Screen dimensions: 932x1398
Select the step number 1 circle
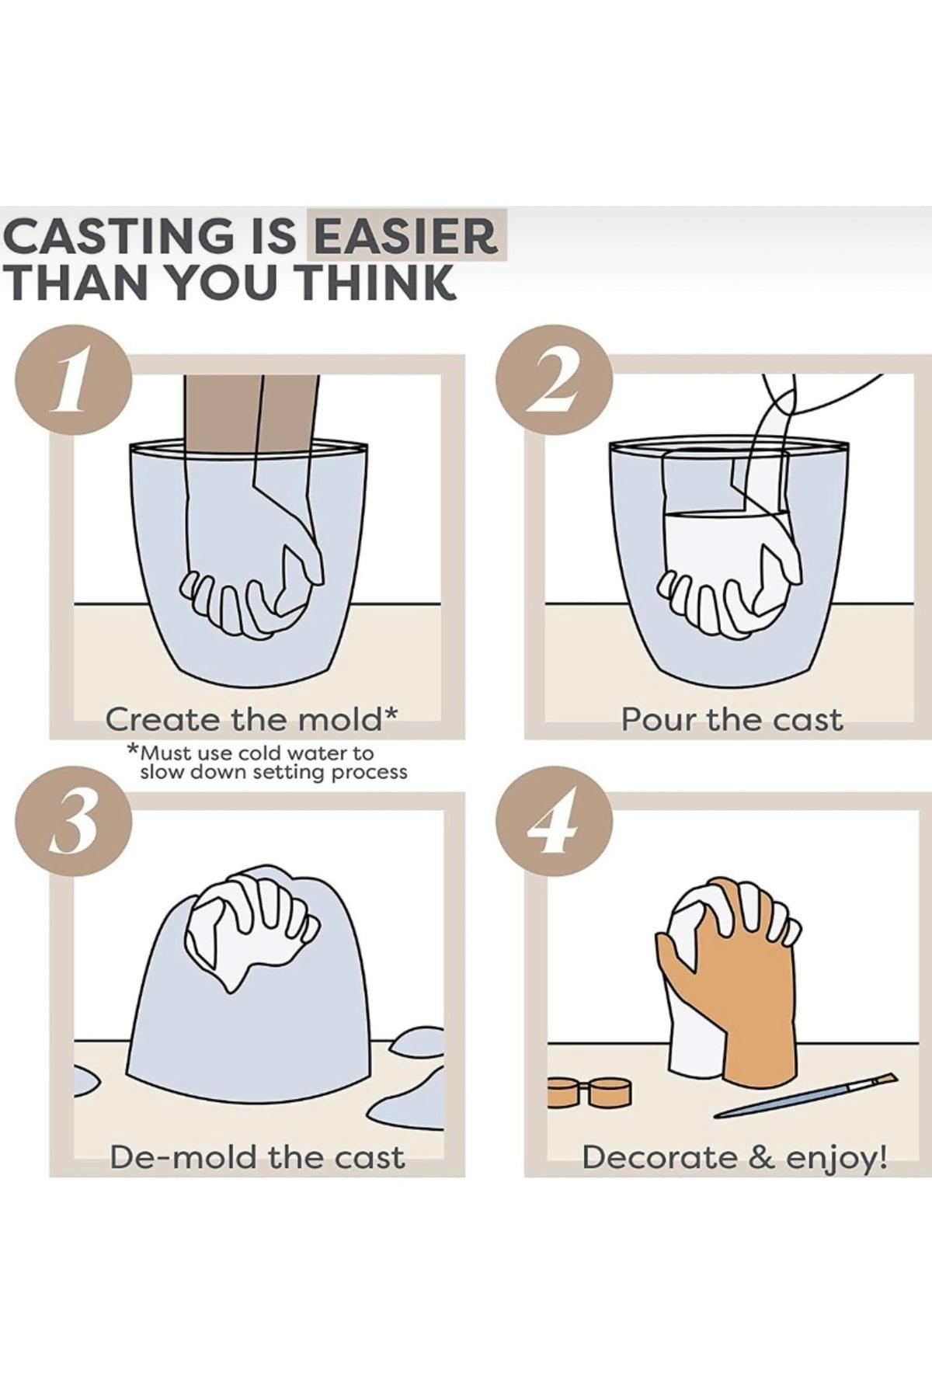pyautogui.click(x=72, y=387)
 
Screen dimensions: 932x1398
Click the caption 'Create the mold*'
pyautogui.click(x=252, y=720)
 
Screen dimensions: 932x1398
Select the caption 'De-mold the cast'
pyautogui.click(x=257, y=1157)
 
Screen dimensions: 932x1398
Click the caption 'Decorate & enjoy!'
pyautogui.click(x=735, y=1159)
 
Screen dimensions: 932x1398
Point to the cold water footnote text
pyautogui.click(x=267, y=762)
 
